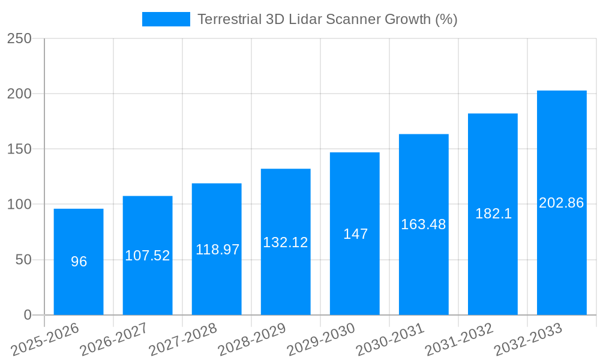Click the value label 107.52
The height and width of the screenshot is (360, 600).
click(148, 256)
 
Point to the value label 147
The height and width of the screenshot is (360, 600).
click(355, 234)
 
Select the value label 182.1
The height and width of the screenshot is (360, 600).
click(493, 214)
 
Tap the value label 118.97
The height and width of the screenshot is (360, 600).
click(217, 250)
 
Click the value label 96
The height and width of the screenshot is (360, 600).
click(79, 262)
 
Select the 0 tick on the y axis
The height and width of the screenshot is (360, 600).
click(28, 315)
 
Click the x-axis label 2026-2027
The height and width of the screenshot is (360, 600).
click(114, 339)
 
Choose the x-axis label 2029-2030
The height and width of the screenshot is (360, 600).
click(321, 339)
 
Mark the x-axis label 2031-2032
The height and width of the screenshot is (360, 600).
click(459, 339)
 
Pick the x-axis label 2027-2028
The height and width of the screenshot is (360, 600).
click(183, 339)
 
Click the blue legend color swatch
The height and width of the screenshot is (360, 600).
click(166, 19)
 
